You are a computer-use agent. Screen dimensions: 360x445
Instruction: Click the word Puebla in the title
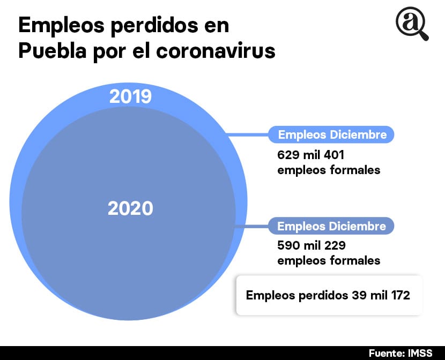pos(51,51)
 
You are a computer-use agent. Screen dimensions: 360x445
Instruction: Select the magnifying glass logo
pos(412,25)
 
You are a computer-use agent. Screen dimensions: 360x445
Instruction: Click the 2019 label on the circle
pos(130,96)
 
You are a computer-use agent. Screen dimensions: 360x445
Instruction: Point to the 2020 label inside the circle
pos(130,208)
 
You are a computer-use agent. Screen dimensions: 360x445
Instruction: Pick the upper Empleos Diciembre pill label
pos(331,134)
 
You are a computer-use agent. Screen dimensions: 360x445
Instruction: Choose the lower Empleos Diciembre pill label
pos(331,226)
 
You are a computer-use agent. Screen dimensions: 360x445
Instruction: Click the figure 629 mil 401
pos(310,156)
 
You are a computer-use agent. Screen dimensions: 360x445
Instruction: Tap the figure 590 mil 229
pos(311,246)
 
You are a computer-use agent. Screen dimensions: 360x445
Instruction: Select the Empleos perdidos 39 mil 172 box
pos(329,295)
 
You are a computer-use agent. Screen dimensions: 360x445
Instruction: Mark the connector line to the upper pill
pos(249,135)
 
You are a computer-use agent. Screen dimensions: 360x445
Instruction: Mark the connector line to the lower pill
pos(252,226)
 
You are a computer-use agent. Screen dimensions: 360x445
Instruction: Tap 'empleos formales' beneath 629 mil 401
pos(329,170)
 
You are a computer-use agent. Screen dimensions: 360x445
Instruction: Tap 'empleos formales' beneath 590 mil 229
pos(329,260)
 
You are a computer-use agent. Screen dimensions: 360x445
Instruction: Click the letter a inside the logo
pos(410,22)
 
